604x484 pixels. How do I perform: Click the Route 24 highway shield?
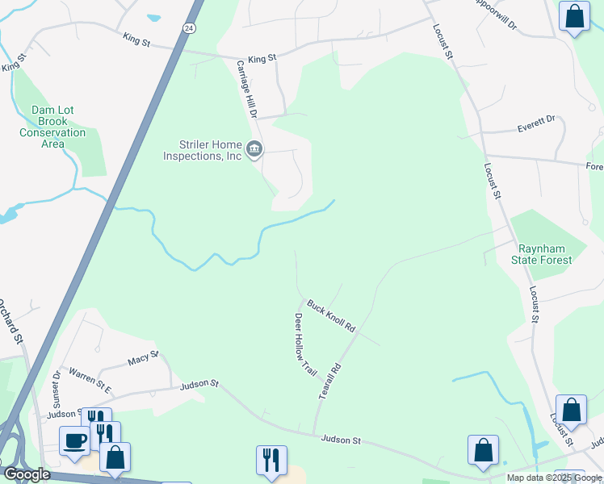point(188,27)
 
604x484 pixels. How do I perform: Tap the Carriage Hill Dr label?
point(245,89)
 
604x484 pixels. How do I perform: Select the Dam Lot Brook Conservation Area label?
point(52,127)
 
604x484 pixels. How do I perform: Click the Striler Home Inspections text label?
point(203,150)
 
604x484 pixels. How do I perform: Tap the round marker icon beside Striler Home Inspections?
point(254,149)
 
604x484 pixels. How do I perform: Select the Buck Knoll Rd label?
point(331,315)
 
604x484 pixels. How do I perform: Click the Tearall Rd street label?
point(332,377)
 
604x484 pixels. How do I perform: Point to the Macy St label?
point(143,357)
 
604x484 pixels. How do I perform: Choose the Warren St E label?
point(89,377)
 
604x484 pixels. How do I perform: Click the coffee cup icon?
point(74,440)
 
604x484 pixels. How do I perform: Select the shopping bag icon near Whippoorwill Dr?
point(574,17)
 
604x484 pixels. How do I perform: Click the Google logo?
point(27,475)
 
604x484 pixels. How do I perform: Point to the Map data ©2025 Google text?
point(554,478)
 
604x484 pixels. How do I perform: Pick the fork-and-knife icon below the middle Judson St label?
point(271,459)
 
